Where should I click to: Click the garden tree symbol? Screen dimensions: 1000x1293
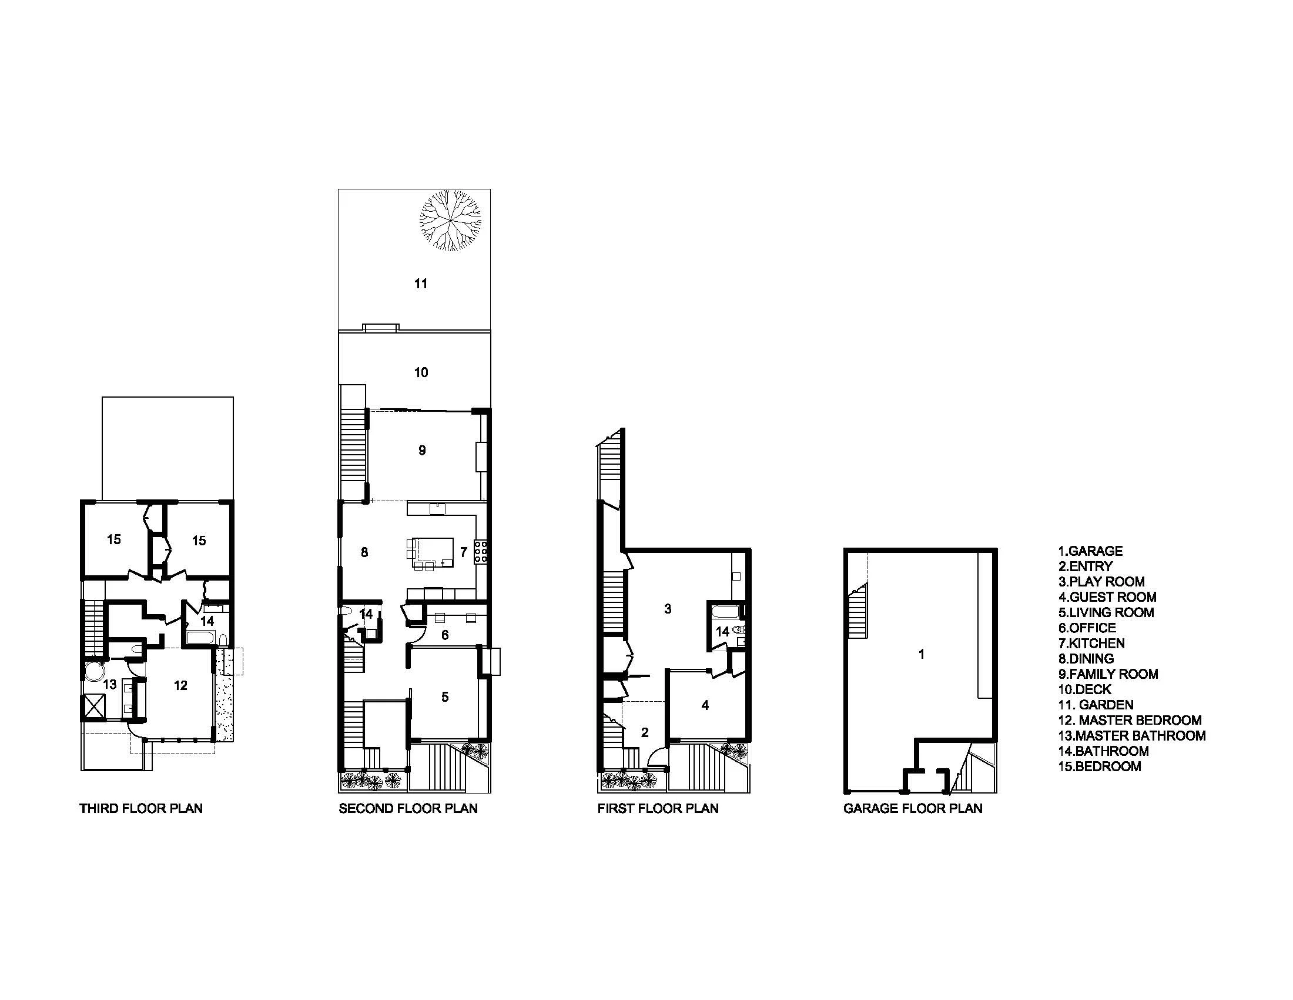pyautogui.click(x=450, y=221)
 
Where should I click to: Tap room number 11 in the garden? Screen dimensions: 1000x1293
pyautogui.click(x=420, y=284)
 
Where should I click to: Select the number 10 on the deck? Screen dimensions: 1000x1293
pyautogui.click(x=421, y=372)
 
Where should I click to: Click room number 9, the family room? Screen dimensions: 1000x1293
pyautogui.click(x=422, y=451)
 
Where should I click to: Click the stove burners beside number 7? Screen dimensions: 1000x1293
pyautogui.click(x=481, y=551)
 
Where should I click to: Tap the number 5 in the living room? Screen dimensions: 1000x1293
pyautogui.click(x=445, y=697)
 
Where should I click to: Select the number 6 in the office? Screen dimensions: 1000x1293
pyautogui.click(x=445, y=635)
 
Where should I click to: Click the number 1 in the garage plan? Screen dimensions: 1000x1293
pyautogui.click(x=921, y=654)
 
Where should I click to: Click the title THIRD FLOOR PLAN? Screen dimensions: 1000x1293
pyautogui.click(x=141, y=809)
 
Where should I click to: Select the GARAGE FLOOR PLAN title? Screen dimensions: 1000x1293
pyautogui.click(x=912, y=809)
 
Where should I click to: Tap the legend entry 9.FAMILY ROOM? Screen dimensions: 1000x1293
pyautogui.click(x=1108, y=674)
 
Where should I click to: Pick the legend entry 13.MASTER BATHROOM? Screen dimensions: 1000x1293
pyautogui.click(x=1131, y=736)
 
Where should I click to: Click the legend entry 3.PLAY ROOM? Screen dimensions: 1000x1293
pyautogui.click(x=1101, y=582)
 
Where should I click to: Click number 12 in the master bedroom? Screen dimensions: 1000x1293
pyautogui.click(x=180, y=685)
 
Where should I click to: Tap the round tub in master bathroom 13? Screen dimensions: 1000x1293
pyautogui.click(x=93, y=672)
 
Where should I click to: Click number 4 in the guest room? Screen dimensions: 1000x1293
pyautogui.click(x=705, y=705)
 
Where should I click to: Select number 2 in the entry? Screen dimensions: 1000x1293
pyautogui.click(x=645, y=733)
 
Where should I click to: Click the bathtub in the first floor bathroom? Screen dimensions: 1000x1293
pyautogui.click(x=723, y=611)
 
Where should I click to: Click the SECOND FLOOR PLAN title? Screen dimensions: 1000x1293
pyautogui.click(x=408, y=809)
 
